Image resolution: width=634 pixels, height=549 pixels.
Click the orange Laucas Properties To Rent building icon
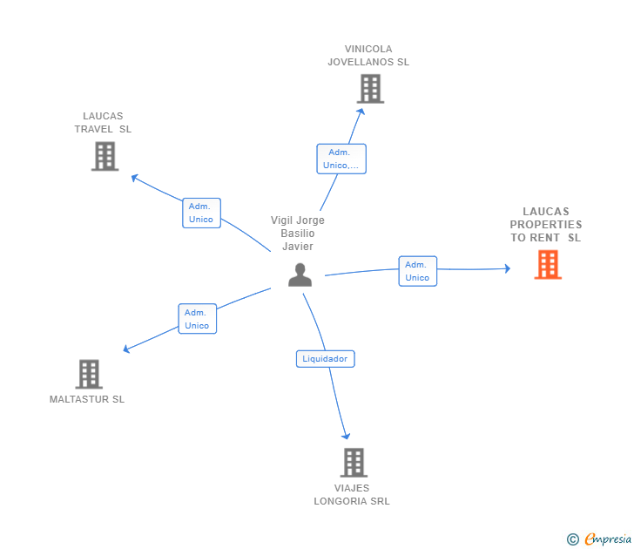pos(548,264)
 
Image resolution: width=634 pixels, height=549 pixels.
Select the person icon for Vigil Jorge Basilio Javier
pos(300,274)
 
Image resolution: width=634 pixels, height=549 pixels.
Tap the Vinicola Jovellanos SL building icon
pos(370,89)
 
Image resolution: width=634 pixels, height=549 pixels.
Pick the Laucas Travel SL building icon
pos(105,156)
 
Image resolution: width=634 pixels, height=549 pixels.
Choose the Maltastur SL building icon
pos(89,374)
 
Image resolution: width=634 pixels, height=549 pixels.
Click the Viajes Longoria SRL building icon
pos(353,462)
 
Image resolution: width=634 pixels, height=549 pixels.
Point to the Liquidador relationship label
pos(325,358)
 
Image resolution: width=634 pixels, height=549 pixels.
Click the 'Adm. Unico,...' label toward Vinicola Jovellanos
pos(341,159)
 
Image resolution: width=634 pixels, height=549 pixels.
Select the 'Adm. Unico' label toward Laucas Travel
pos(201,213)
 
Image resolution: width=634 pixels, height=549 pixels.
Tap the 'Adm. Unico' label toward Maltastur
pos(197,318)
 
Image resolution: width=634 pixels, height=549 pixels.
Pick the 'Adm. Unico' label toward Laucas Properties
pos(417,271)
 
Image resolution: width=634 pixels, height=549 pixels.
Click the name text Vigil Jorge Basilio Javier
pos(298,234)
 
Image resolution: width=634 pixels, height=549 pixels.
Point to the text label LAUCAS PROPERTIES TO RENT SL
pos(546,225)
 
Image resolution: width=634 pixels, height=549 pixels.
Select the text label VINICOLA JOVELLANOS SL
pos(368,56)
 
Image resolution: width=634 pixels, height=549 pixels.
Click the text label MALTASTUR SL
pos(87,399)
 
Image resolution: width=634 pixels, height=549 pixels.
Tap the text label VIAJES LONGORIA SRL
pos(352,495)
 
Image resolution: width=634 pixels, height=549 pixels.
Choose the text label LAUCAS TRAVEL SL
pos(103,123)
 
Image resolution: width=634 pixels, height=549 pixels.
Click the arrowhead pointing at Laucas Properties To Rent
pos(507,268)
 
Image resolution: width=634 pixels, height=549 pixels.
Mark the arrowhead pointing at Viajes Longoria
pos(346,435)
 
